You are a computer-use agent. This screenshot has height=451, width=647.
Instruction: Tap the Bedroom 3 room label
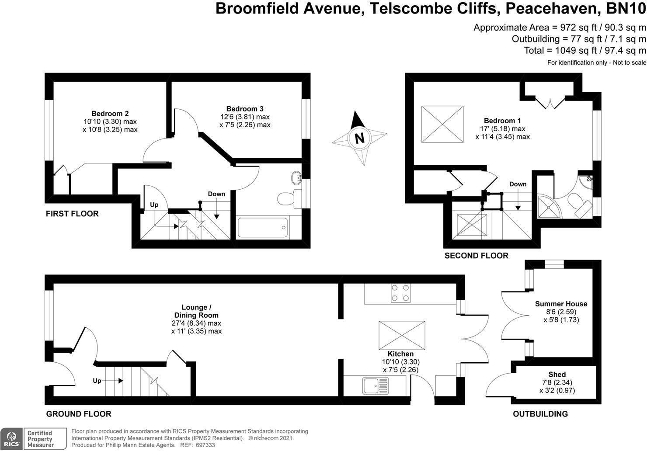(x=245, y=109)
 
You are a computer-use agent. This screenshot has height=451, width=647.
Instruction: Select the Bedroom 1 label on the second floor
(x=502, y=121)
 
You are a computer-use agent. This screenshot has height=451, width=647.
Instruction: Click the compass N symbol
(x=359, y=138)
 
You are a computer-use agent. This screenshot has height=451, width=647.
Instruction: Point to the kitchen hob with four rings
(x=400, y=293)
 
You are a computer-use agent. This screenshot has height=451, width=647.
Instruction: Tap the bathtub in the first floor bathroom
(x=262, y=227)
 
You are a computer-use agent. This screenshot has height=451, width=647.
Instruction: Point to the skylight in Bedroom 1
(x=442, y=123)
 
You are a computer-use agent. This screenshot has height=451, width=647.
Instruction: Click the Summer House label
(x=561, y=304)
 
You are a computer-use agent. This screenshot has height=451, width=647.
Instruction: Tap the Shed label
(x=557, y=375)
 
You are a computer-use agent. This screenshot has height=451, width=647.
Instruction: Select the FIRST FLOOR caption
(x=72, y=214)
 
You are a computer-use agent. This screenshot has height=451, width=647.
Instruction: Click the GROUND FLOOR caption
(x=79, y=414)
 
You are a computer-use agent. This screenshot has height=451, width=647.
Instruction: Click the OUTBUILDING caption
(x=540, y=414)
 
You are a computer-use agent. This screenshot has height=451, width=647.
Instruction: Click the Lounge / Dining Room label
(x=196, y=311)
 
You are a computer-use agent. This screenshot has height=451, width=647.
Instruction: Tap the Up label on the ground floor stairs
(x=97, y=381)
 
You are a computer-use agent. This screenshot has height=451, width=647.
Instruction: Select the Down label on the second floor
(x=518, y=184)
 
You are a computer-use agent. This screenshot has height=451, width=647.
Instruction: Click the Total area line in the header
(x=584, y=50)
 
